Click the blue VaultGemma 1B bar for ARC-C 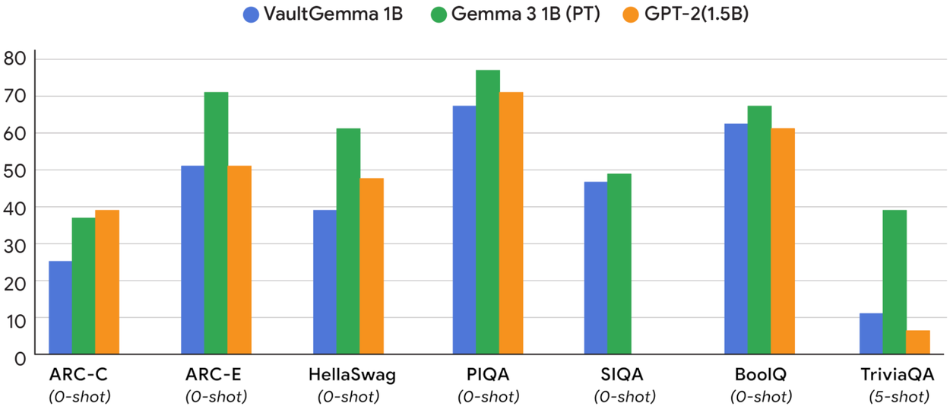[x=60, y=307]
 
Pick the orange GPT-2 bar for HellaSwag [x=372, y=266]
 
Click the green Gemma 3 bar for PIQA [x=487, y=212]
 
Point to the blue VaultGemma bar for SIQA [x=595, y=268]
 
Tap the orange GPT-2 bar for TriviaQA [x=918, y=342]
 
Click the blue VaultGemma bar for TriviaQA [x=871, y=334]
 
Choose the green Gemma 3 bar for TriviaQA [x=895, y=282]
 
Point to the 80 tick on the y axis [x=15, y=59]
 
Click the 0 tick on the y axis [x=21, y=356]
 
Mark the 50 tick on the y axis [x=15, y=170]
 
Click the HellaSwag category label [x=353, y=375]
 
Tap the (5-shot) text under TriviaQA [x=898, y=396]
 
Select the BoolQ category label [x=760, y=375]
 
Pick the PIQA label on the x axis [x=488, y=375]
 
